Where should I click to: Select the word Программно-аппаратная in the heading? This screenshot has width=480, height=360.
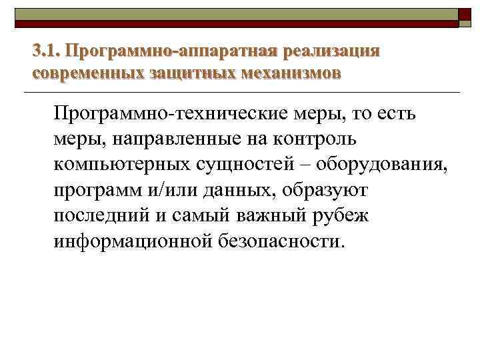(x=171, y=51)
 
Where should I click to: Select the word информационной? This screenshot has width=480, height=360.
(x=132, y=240)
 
